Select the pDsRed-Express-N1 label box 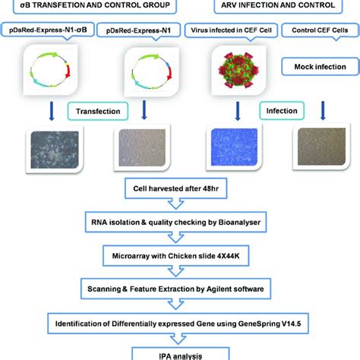click(145, 31)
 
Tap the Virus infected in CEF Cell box click(237, 31)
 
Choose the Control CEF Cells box click(320, 31)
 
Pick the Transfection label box click(97, 112)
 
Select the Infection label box click(279, 112)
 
